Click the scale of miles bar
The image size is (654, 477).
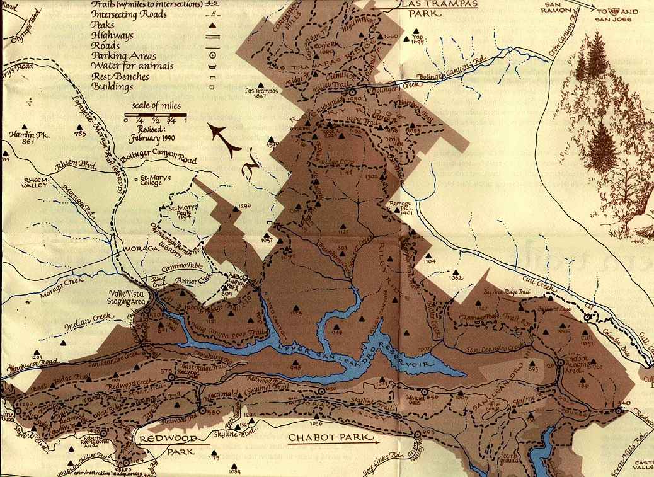click(x=155, y=117)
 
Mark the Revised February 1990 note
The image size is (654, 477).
click(x=153, y=133)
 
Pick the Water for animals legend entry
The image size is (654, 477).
click(x=128, y=66)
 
